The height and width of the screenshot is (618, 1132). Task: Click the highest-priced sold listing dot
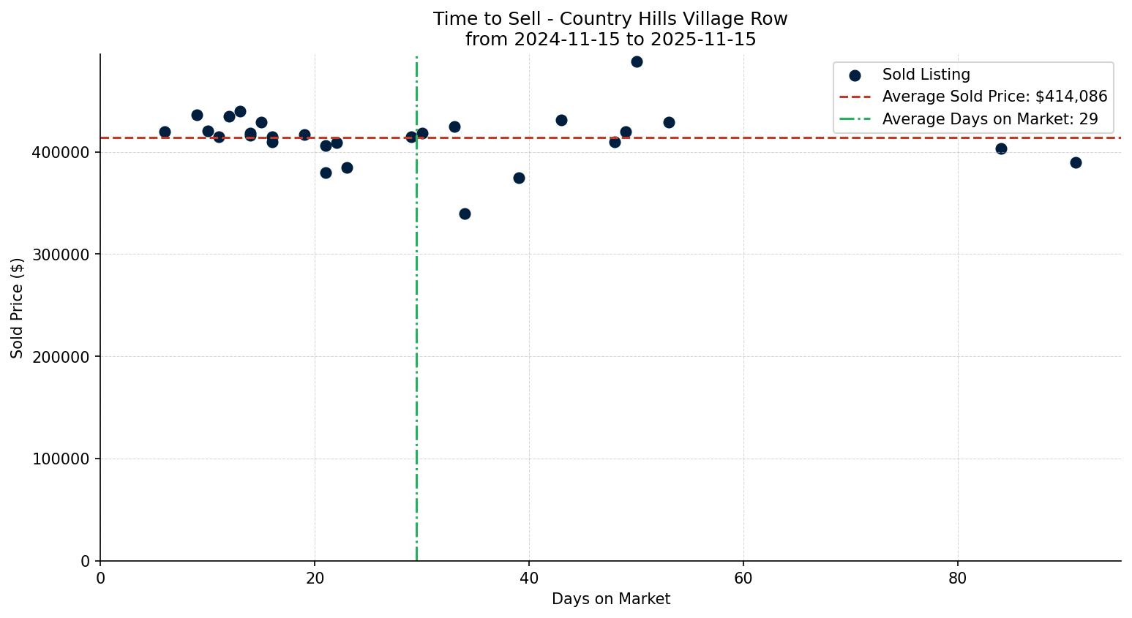[x=637, y=62]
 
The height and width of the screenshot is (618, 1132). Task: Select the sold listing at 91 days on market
[x=1076, y=163]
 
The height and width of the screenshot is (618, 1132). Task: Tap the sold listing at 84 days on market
[x=1001, y=149]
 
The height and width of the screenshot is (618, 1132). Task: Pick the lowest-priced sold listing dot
[x=465, y=214]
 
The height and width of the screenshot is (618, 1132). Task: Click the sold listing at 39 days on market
[x=519, y=178]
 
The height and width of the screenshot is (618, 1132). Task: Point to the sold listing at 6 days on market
[x=165, y=132]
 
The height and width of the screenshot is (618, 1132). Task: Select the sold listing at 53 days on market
[x=669, y=123]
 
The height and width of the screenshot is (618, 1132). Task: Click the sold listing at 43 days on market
[x=561, y=121]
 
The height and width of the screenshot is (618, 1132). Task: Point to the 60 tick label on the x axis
[x=743, y=579]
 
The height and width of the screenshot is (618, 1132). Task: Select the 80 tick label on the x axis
[x=957, y=579]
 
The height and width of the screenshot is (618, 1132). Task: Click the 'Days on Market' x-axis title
[x=610, y=600]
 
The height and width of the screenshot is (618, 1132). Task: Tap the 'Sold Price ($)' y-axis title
[x=18, y=308]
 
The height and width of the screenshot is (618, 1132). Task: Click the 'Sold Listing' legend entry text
[x=926, y=75]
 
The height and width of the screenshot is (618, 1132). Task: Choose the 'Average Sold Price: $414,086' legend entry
[x=994, y=97]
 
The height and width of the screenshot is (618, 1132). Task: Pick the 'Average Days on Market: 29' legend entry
[x=989, y=119]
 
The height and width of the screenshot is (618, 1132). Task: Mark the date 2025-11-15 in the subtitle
[x=702, y=39]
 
